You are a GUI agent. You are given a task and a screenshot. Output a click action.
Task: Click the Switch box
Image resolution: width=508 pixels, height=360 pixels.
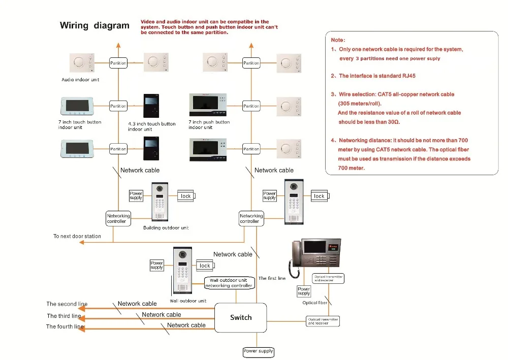pos(241,317)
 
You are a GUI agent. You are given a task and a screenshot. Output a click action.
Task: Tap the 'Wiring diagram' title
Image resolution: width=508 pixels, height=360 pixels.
pos(94,26)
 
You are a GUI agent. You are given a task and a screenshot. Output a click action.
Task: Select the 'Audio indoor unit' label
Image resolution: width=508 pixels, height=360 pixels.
pos(80,80)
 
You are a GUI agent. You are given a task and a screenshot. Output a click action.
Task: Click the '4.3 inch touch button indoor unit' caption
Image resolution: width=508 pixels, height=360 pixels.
pos(151,126)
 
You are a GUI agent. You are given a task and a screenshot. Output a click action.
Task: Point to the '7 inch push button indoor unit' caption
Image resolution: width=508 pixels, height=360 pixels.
pos(209,124)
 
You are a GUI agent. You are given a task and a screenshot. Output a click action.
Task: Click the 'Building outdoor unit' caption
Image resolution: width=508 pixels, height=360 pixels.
pos(166,228)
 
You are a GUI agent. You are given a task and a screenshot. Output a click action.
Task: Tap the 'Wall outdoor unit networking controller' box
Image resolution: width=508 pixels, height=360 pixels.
pos(229,283)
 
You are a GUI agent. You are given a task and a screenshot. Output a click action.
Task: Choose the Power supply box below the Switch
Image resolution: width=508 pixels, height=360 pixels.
pos(259,351)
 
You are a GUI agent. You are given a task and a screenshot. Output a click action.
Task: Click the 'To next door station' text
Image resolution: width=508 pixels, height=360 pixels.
pos(77,236)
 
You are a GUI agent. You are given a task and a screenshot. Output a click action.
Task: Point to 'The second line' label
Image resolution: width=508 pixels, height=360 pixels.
pos(67,304)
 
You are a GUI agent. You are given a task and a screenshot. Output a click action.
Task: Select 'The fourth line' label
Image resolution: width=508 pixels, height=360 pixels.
pos(65,326)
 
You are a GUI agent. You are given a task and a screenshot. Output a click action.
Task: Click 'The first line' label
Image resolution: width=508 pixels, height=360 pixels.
pos(272,278)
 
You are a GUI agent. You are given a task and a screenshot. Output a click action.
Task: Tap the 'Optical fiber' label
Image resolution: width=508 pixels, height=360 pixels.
pos(315,303)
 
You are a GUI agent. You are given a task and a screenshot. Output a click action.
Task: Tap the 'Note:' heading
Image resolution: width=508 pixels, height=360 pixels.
pos(338,40)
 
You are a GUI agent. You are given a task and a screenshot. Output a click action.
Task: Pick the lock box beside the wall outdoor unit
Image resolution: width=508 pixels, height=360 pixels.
pos(205,266)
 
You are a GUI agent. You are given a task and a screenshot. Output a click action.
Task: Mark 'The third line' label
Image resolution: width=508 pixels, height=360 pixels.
pos(64,316)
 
